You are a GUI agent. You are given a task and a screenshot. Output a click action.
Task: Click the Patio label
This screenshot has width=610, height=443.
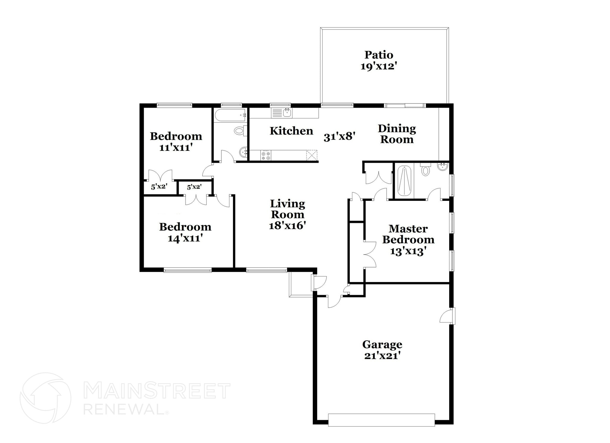[379, 55]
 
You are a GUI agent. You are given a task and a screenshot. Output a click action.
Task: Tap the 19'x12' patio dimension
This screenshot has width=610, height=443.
[379, 66]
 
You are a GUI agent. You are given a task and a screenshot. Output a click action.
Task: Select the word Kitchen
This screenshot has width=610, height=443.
[291, 131]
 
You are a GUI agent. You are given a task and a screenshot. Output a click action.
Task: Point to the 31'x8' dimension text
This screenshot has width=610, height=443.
[340, 137]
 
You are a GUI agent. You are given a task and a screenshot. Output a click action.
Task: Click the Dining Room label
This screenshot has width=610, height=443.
[397, 134]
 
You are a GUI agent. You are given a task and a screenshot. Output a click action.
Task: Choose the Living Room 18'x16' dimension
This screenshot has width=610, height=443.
[287, 226]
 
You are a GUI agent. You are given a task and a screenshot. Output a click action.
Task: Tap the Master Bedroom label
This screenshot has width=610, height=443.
[408, 234]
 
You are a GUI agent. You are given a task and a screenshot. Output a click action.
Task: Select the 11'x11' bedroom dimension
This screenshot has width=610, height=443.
[176, 148]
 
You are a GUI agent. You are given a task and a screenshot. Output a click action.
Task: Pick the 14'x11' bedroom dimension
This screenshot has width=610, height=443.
[185, 238]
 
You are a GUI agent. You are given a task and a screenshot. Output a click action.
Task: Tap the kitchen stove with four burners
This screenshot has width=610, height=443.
[266, 155]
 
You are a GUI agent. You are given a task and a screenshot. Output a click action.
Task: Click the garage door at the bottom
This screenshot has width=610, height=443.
[381, 420]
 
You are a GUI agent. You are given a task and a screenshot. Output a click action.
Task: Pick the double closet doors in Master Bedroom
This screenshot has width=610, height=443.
[369, 255]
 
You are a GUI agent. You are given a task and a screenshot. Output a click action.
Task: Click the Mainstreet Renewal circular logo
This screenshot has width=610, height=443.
[46, 398]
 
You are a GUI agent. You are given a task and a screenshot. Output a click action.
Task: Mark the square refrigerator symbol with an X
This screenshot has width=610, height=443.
[312, 155]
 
